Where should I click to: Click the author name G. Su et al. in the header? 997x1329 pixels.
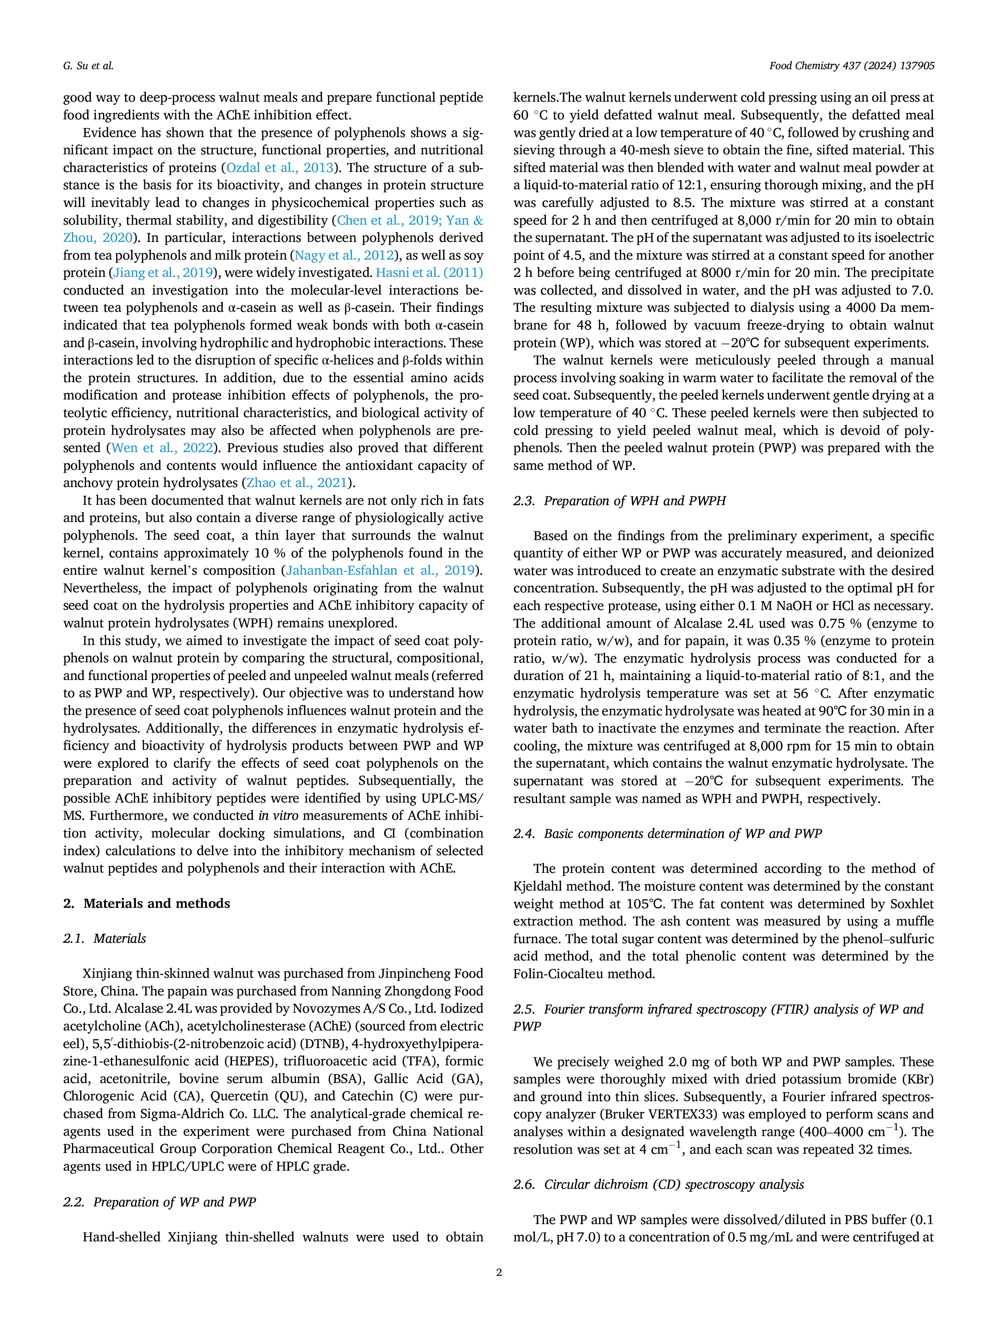(x=88, y=66)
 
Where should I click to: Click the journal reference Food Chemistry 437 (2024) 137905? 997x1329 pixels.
(x=851, y=66)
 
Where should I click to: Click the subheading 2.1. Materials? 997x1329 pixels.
(x=105, y=938)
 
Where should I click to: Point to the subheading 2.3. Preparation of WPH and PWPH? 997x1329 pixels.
(x=620, y=500)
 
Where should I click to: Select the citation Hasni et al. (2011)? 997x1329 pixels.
(x=429, y=273)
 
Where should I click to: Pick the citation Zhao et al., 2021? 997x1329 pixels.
(x=297, y=483)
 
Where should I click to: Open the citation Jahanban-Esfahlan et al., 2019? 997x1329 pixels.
(x=380, y=570)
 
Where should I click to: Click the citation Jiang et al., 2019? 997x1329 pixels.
(x=163, y=273)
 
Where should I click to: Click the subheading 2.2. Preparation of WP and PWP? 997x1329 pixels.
(x=159, y=1202)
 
